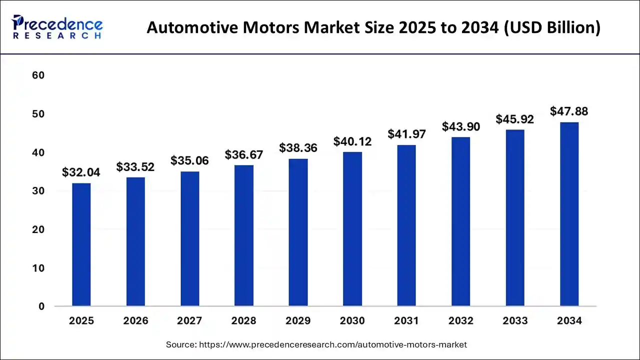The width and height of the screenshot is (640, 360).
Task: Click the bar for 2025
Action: click(x=81, y=244)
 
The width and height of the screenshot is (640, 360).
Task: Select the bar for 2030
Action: click(x=352, y=229)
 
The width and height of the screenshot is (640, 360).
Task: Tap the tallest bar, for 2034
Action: click(x=569, y=214)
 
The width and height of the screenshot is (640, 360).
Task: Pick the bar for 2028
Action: click(x=244, y=235)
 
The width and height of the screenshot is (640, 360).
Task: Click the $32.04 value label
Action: click(x=81, y=172)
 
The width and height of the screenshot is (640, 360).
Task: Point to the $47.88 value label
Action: click(x=569, y=111)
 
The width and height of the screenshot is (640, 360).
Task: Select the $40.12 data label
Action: click(x=352, y=141)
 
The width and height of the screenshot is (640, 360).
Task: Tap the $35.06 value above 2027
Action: click(x=189, y=160)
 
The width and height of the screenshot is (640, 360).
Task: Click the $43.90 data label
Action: click(x=461, y=127)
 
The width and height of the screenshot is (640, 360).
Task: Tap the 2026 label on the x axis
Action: click(x=135, y=321)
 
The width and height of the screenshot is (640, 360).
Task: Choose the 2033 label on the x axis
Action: click(x=515, y=321)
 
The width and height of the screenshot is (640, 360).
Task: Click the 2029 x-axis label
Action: click(x=298, y=321)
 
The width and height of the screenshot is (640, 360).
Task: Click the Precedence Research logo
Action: click(x=57, y=27)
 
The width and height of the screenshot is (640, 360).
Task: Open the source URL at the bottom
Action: click(x=332, y=344)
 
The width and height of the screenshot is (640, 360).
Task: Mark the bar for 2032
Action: click(x=461, y=221)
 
